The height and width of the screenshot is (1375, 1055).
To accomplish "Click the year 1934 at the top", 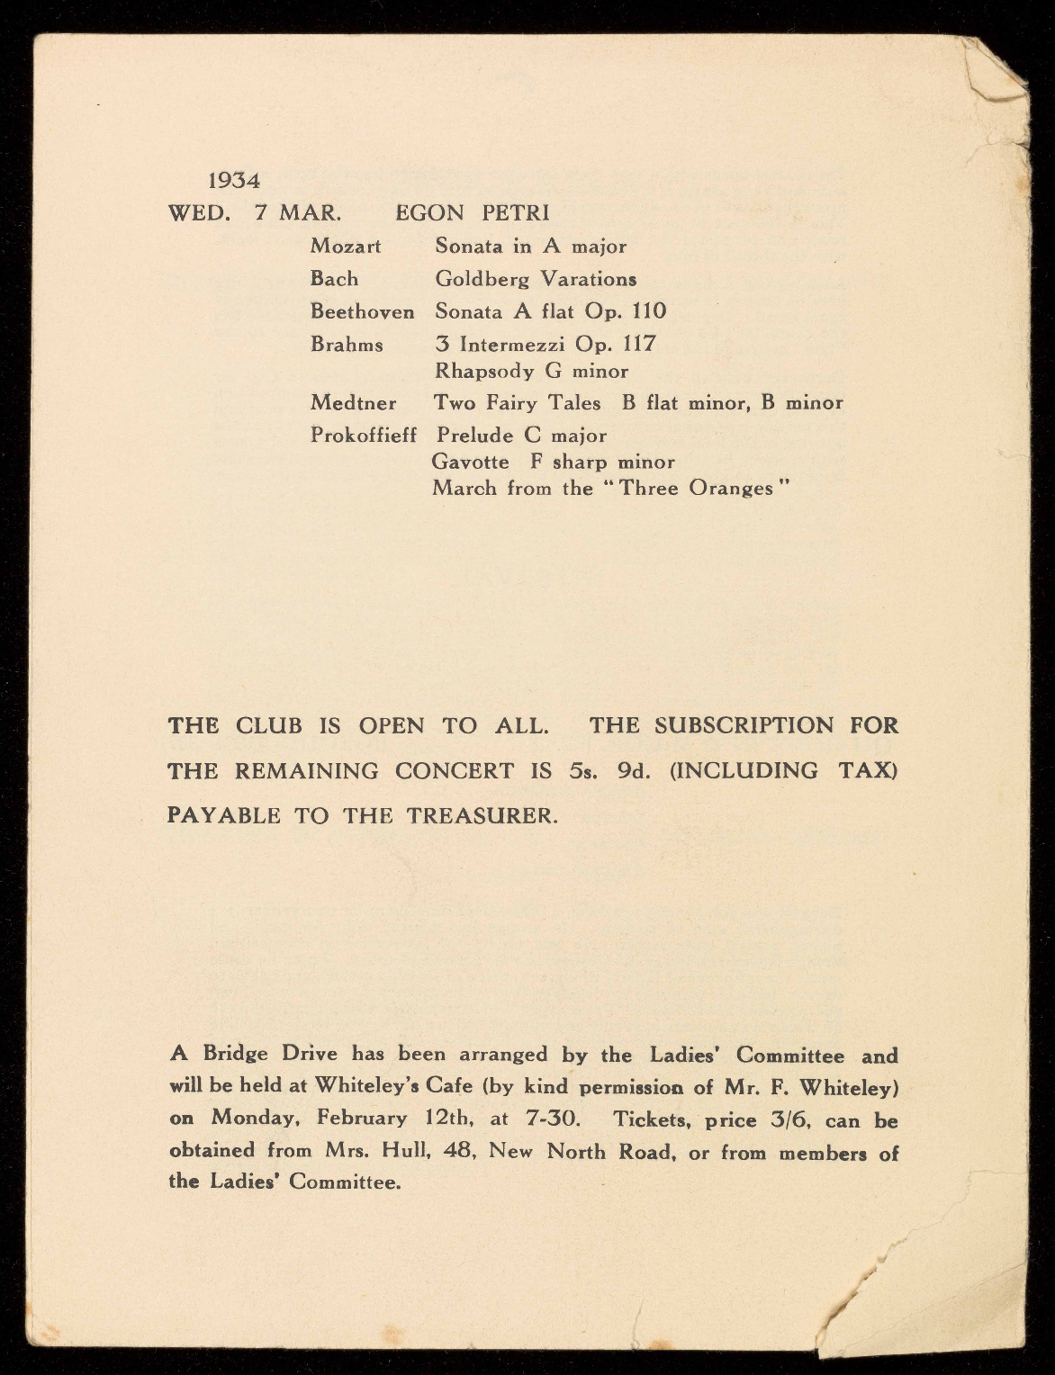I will coord(234,181).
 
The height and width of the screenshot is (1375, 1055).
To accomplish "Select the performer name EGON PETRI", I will coord(473,213).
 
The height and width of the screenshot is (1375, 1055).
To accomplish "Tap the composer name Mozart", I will coord(346,246).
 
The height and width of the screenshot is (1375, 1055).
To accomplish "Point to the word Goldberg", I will coord(482,279).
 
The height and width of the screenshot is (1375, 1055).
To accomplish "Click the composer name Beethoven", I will coord(362,312).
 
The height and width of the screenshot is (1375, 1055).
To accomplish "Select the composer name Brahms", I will coord(347,345).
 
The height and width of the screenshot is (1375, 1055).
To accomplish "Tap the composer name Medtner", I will coord(353,403).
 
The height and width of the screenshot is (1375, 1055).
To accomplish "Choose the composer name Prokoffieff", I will coord(364,436).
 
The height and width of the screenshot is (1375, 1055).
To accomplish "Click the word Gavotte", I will coord(470,463).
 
